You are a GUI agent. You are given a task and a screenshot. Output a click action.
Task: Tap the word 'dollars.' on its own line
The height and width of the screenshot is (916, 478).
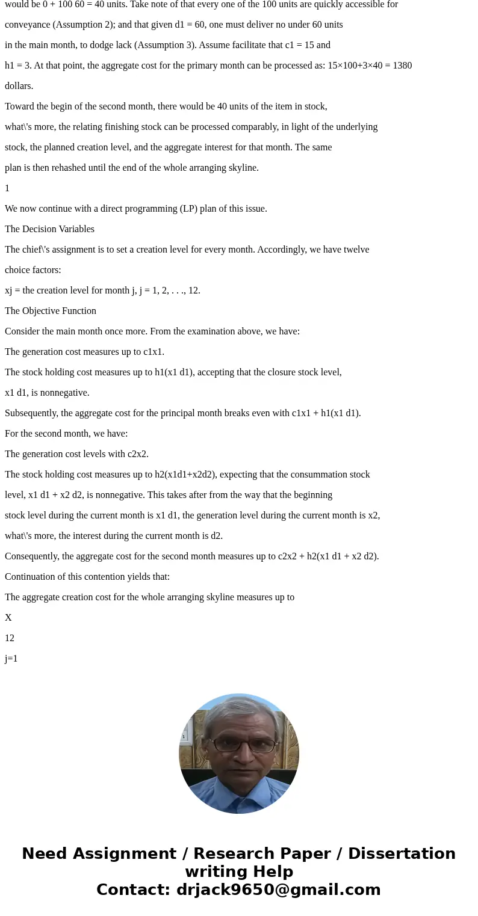[x=19, y=85]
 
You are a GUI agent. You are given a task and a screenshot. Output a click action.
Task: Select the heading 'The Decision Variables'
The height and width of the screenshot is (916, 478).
[x=49, y=229]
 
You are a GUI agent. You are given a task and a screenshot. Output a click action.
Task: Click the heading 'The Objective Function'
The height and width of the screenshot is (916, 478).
[x=51, y=310]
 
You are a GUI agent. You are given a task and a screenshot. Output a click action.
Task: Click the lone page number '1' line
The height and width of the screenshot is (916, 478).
[x=7, y=188]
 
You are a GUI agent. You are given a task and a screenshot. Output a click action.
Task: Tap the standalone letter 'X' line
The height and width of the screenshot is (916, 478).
[x=8, y=617]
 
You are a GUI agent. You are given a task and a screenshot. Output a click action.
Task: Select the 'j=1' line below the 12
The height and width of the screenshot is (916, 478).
[x=11, y=658]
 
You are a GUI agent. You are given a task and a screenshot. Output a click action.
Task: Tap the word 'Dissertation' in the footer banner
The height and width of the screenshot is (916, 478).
[x=402, y=853]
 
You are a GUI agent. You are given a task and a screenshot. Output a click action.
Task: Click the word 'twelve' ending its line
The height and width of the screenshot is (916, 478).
[x=356, y=249]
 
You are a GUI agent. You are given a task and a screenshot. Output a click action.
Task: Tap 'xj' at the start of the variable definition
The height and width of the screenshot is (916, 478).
[x=8, y=290]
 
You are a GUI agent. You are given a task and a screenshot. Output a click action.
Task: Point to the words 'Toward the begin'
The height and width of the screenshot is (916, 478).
[x=38, y=106]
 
